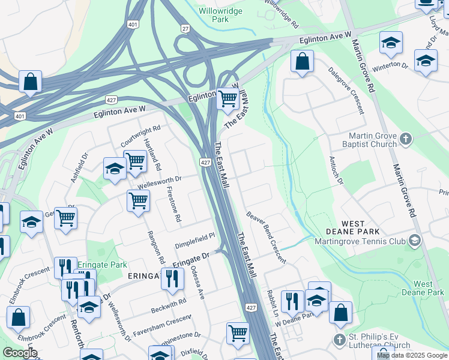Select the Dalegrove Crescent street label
pos(346,90)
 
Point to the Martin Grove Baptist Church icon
pos(406,139)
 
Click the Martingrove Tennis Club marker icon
pos(414,241)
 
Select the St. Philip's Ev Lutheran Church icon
pos(340,340)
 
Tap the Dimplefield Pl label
pos(194,240)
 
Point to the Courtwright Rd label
pos(141,136)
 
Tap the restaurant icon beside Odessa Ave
pos(172,279)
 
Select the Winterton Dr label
pos(391,65)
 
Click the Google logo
pos(20,352)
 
